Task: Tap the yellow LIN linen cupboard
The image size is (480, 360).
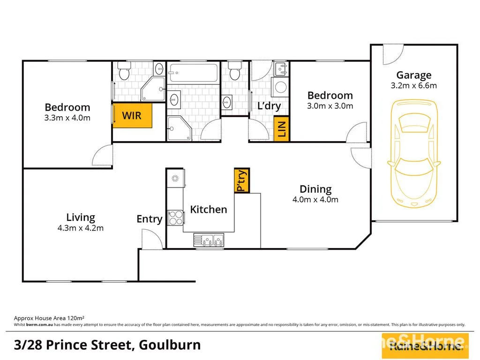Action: (282, 129)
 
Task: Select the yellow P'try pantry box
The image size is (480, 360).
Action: (242, 180)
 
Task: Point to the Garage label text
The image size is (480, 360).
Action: (413, 75)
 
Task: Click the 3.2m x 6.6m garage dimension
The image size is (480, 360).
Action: (413, 86)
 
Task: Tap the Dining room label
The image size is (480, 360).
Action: (315, 189)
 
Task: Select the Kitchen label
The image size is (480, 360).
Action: (209, 210)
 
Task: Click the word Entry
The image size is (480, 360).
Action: (150, 219)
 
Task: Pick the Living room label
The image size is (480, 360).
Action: (81, 217)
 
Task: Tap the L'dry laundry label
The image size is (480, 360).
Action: (269, 106)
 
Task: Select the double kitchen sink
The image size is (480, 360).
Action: (209, 240)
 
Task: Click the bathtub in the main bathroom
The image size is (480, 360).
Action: (193, 73)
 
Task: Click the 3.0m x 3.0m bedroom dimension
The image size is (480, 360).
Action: (330, 106)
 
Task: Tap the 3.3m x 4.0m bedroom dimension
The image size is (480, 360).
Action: (67, 118)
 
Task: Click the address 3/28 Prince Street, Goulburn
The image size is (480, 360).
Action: (103, 345)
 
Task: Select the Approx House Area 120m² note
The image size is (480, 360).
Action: (49, 317)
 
